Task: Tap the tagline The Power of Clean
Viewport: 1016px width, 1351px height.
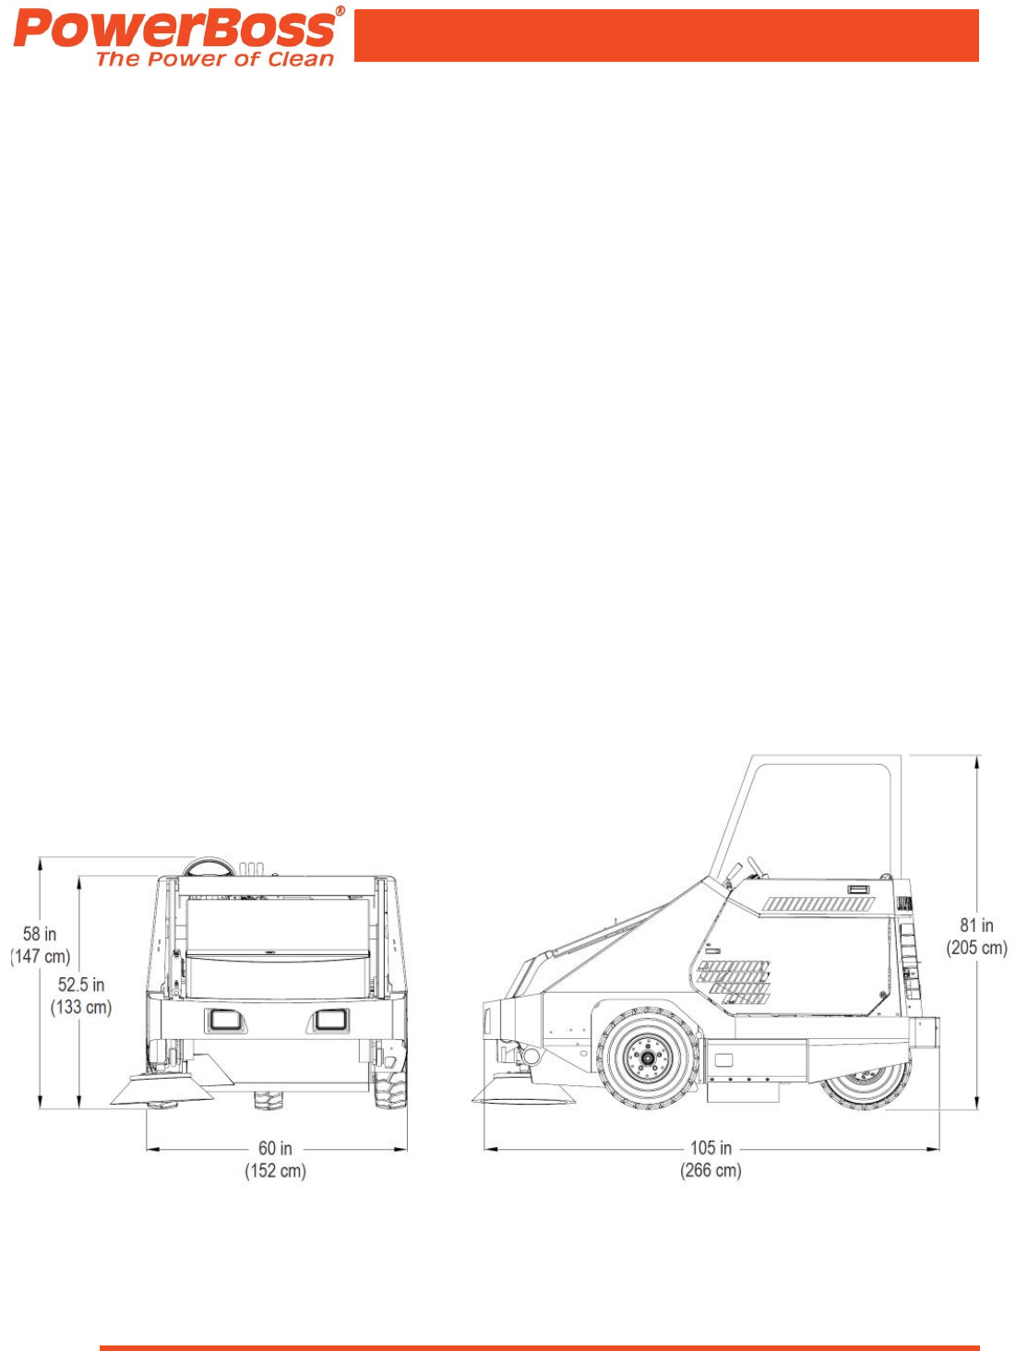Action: coord(215,59)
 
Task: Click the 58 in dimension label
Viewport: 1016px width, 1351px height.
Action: coord(40,934)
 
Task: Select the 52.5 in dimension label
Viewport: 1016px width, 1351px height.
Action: coord(81,984)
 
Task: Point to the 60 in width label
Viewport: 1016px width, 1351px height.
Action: coord(275,1148)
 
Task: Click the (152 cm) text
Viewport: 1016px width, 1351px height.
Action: coord(275,1170)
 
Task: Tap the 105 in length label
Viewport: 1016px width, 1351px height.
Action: coord(711,1147)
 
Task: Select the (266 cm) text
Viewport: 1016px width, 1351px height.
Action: coord(711,1169)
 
